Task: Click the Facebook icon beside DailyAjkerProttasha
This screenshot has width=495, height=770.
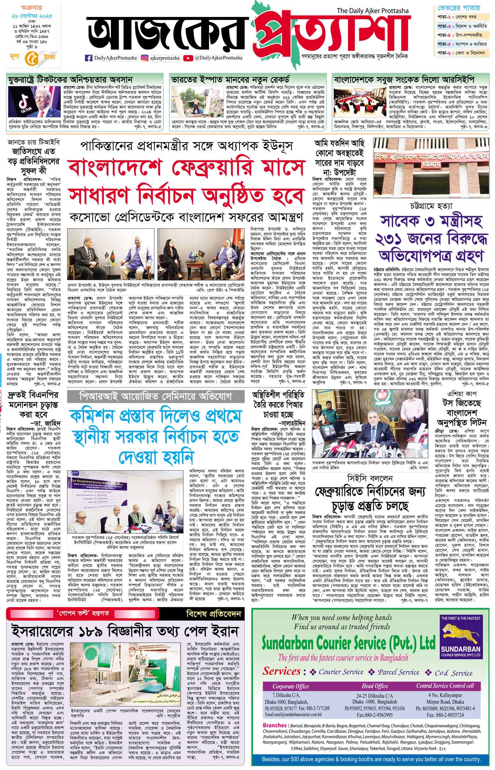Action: [88, 58]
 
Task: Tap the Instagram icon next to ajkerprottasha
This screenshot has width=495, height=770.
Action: [145, 58]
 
